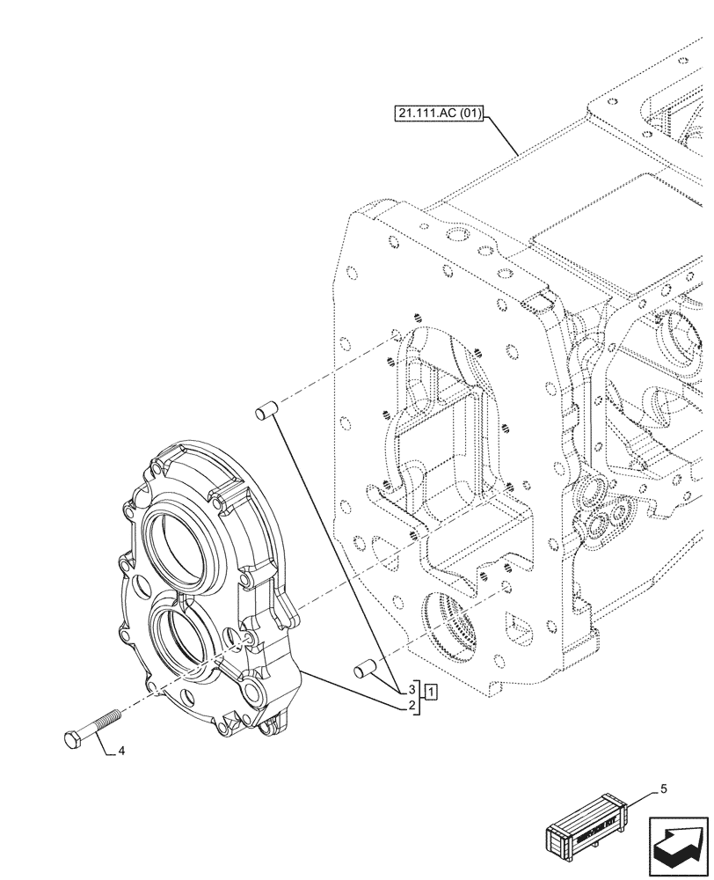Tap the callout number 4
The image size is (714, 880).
coord(120,752)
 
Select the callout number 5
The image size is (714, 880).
coord(664,789)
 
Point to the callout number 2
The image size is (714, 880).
coord(411,706)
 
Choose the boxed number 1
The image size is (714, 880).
coord(430,692)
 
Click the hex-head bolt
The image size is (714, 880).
coord(91,727)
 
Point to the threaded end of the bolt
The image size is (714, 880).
coord(112,715)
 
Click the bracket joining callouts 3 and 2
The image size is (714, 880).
coord(419,698)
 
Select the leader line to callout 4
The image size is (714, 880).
coord(106,747)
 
